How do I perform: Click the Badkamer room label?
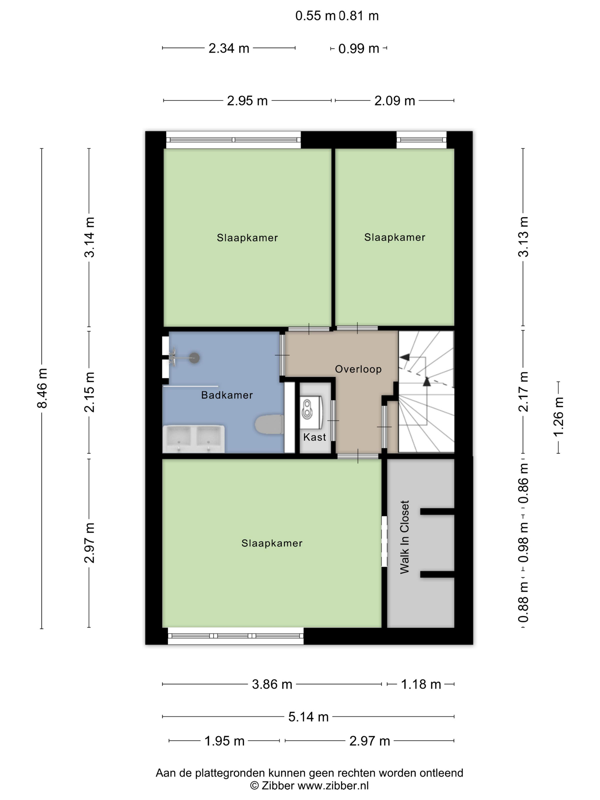coord(227,395)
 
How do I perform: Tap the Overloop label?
coord(358,369)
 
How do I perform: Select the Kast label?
coord(314,437)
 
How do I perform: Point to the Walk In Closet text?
coord(404,537)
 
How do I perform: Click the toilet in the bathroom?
coord(269,424)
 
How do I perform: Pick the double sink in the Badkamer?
coord(193,439)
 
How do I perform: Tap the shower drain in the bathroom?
coord(195,358)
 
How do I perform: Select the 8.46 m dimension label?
coord(42,388)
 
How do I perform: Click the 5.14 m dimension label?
coord(308,717)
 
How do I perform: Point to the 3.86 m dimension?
coord(272,684)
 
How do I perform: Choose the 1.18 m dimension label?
coord(421,684)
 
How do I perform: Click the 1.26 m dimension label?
coord(558,417)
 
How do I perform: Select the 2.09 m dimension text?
coord(395,101)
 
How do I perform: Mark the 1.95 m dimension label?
coord(225,741)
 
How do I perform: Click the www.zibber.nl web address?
coord(333,785)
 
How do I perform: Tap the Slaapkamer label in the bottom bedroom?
coord(272,543)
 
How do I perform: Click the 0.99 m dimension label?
coord(358,49)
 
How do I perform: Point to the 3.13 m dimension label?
coord(523,237)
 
